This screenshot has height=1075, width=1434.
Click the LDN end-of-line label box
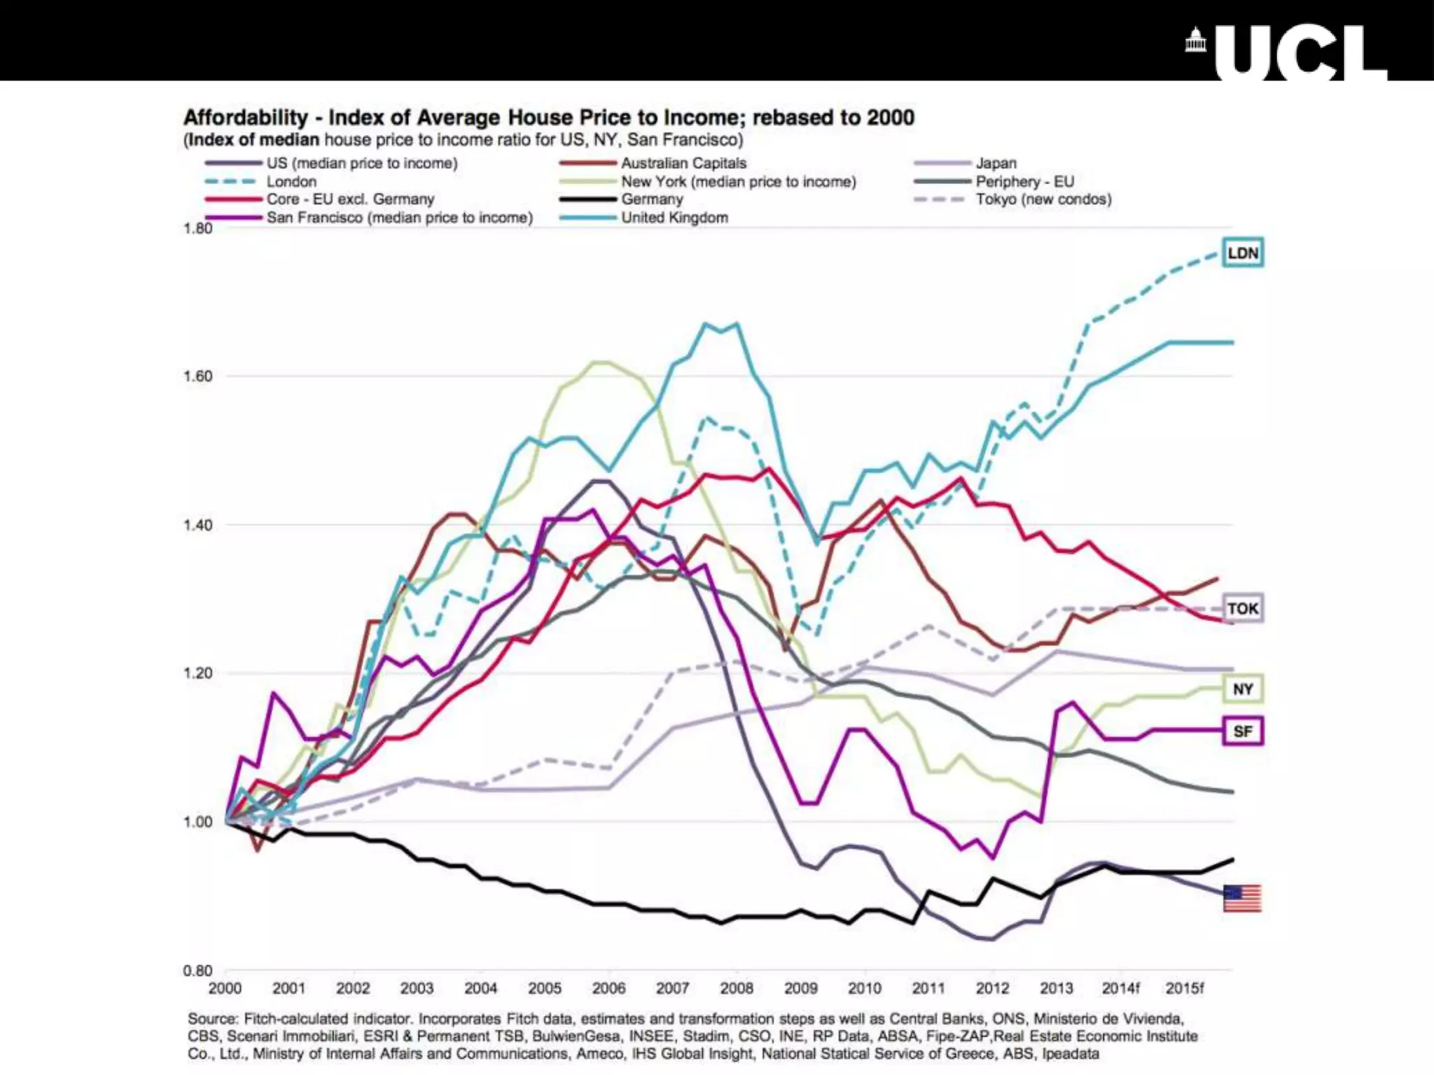[x=1243, y=253]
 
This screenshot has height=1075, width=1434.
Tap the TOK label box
[x=1243, y=608]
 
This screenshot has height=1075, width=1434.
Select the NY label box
[x=1243, y=689]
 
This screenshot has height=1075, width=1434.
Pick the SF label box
[x=1243, y=731]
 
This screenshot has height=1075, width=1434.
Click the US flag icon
[x=1242, y=898]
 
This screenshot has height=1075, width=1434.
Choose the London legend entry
[x=291, y=181]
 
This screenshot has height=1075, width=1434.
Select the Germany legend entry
[x=651, y=199]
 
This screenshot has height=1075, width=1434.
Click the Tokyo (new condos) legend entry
[x=1043, y=199]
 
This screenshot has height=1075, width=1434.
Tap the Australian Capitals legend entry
[x=683, y=163]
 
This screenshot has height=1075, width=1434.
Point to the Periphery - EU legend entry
[x=1024, y=181]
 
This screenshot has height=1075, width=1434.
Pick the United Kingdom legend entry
[x=674, y=218]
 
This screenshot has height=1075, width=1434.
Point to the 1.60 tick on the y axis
[x=197, y=377]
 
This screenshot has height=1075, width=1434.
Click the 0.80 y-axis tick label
[x=197, y=971]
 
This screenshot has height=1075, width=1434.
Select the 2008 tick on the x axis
[x=737, y=988]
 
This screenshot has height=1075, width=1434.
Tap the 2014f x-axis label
[x=1120, y=988]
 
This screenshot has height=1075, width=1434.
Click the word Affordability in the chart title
[x=245, y=118]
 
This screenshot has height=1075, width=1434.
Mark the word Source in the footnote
[x=213, y=1018]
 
